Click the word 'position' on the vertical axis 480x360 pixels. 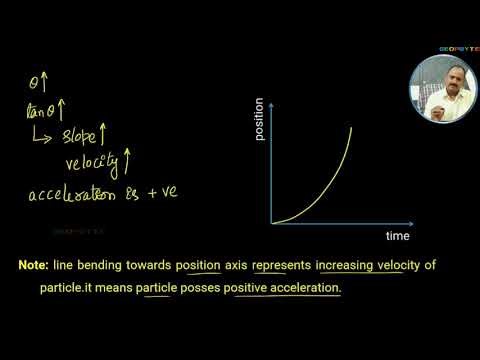pos(259,119)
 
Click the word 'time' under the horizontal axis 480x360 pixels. pos(397,236)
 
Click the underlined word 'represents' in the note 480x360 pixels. pos(282,266)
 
